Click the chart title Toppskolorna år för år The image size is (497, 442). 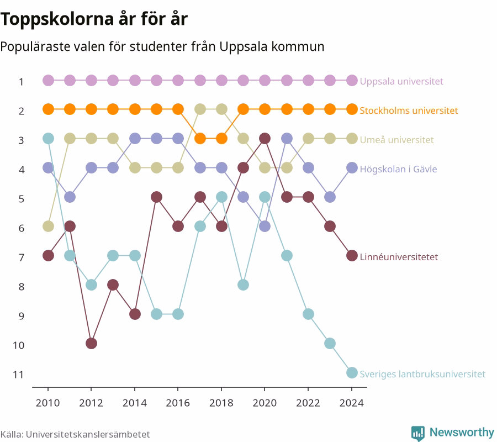point(94,19)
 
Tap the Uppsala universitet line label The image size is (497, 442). point(401,81)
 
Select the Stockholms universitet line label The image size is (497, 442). point(409,110)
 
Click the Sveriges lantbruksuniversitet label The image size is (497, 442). point(422,374)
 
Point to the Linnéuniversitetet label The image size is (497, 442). point(399,257)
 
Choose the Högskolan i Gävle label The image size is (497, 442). point(398,169)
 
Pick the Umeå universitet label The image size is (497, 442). point(396,140)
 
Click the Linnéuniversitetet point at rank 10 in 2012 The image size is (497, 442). point(91,344)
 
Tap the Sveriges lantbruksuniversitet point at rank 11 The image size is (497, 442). point(352,372)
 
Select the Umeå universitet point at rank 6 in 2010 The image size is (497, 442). point(48,227)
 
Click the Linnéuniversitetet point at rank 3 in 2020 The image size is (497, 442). point(265,139)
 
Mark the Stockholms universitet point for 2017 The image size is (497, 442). point(200,139)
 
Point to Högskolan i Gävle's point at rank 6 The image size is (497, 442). point(265,227)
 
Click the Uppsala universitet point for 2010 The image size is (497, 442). point(48,81)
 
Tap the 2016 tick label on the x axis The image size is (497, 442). point(178,403)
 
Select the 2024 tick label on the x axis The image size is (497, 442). point(352,403)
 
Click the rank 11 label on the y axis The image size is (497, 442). point(18,375)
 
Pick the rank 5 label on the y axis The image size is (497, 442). point(21,199)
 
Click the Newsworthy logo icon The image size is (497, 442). point(418,433)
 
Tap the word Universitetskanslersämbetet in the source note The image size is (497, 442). point(88,434)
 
